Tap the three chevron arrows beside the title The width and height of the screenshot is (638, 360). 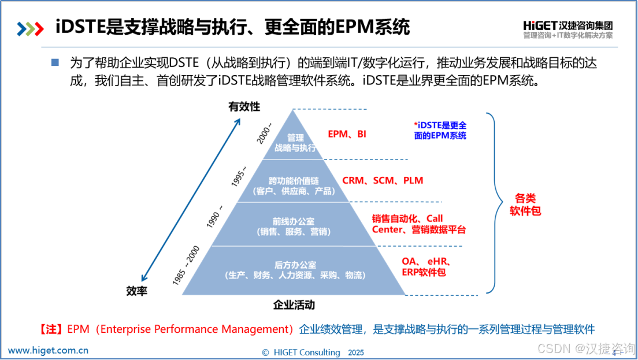click(31, 28)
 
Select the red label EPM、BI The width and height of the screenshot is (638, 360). click(347, 134)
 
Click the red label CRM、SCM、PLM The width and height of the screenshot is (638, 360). click(383, 180)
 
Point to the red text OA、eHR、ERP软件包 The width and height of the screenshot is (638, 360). click(426, 266)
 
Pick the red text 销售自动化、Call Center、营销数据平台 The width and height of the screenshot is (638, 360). click(418, 224)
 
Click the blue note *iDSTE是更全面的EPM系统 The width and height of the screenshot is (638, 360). click(440, 131)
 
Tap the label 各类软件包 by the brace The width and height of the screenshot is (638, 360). click(525, 204)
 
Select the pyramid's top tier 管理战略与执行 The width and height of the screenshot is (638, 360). click(296, 143)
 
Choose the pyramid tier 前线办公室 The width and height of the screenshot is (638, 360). click(294, 226)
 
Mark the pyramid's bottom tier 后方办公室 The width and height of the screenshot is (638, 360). click(295, 270)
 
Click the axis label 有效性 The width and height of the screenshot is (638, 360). click(244, 106)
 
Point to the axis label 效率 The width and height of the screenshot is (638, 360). click(136, 291)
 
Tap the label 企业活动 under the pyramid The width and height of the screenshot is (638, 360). click(294, 305)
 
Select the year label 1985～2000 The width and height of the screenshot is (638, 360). click(186, 265)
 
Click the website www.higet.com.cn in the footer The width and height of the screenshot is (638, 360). click(48, 350)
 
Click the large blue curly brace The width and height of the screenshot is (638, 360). click(492, 203)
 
